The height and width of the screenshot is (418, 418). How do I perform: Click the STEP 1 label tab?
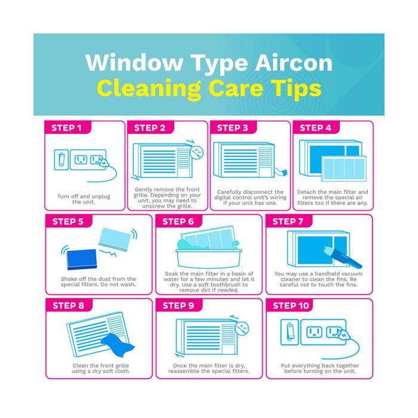pos(67,127)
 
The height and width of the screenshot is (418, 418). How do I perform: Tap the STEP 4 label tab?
pos(316,127)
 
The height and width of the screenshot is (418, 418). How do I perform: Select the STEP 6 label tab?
pos(179,221)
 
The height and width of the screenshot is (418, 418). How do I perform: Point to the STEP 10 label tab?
pos(289,305)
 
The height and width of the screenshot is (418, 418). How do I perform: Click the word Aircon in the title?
pos(294,63)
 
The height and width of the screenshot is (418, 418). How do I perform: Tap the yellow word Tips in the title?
pos(296,89)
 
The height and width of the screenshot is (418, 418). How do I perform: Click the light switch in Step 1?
pos(62,159)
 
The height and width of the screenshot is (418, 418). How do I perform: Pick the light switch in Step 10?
pos(290,332)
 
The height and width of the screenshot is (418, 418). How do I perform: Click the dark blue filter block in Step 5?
pos(82,259)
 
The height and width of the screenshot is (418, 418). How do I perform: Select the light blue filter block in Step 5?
pos(115,239)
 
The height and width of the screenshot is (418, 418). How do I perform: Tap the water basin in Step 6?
pos(209,258)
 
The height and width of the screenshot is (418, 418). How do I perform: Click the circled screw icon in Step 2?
pos(196,152)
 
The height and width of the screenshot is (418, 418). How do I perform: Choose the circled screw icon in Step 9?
pos(242,328)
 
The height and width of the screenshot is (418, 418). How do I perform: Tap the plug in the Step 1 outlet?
pos(103,162)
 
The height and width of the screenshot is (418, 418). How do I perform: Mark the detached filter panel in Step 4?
pos(344,168)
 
